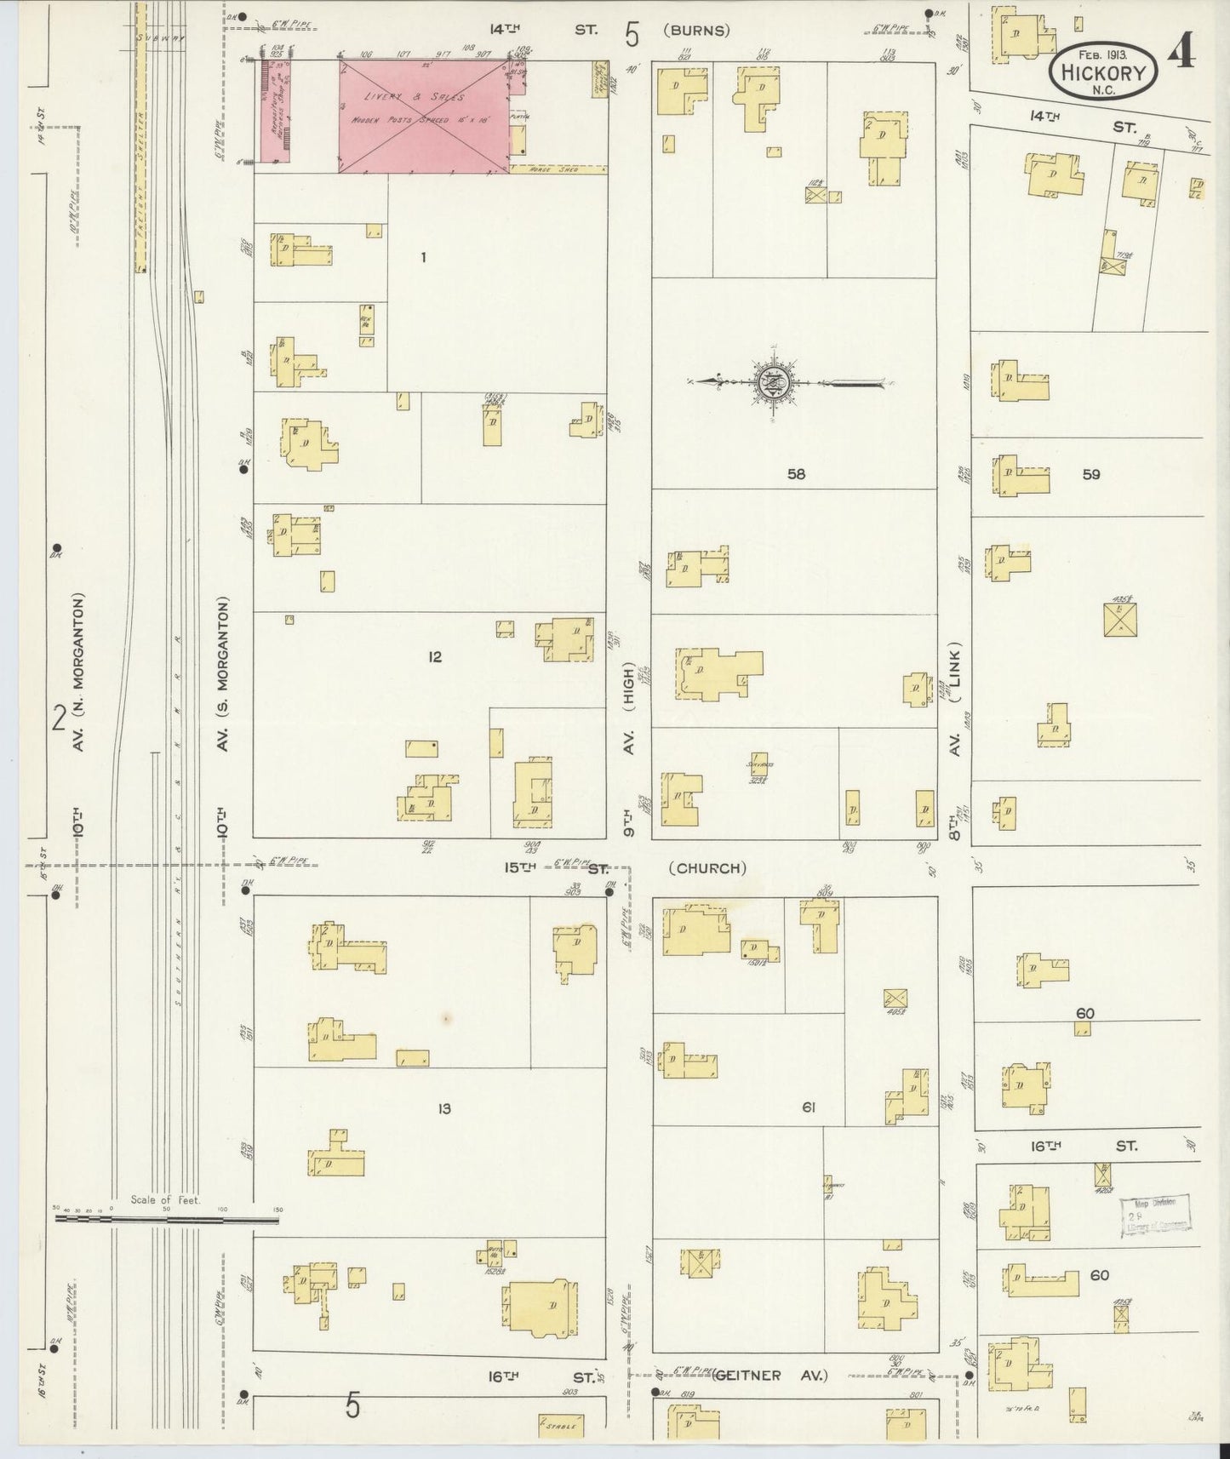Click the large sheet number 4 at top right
[1181, 53]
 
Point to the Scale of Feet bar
[167, 1220]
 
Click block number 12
[435, 656]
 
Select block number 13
[443, 1108]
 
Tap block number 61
[809, 1107]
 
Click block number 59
[1091, 474]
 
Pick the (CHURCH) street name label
[707, 868]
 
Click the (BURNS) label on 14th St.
[698, 31]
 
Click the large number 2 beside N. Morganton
[59, 719]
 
